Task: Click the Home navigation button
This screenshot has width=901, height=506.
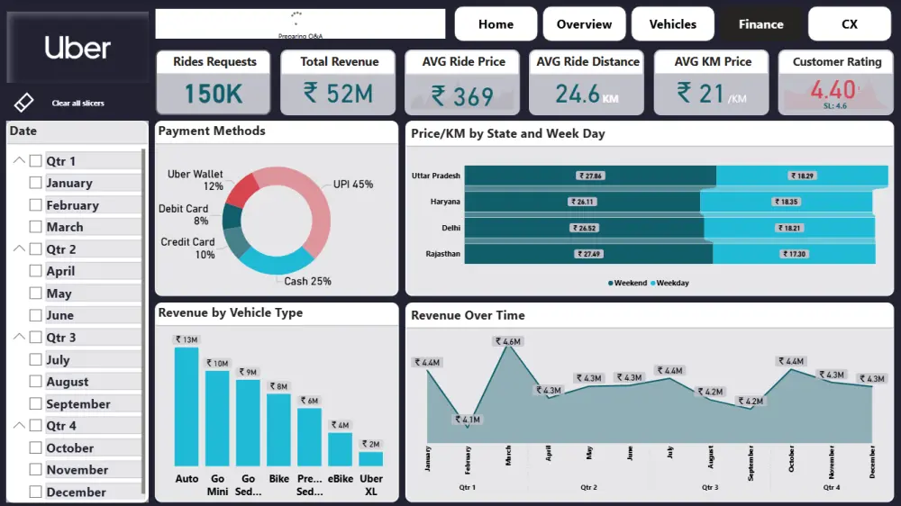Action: tap(496, 24)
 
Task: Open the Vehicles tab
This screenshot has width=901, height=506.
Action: tap(672, 24)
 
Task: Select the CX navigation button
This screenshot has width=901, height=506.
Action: tap(849, 24)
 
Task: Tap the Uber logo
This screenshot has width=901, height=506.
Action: tap(77, 49)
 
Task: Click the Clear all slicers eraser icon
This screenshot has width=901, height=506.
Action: tap(24, 103)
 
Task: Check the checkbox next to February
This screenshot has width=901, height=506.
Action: tap(36, 205)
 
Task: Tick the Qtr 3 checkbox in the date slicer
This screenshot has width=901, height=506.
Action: tap(36, 338)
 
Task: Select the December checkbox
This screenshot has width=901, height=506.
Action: tap(36, 492)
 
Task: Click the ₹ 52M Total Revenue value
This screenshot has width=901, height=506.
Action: tap(339, 93)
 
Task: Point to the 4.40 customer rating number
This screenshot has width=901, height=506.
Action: tap(833, 90)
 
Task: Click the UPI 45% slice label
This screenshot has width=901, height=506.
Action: tap(353, 185)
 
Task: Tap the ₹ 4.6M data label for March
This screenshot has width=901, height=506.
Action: tap(508, 341)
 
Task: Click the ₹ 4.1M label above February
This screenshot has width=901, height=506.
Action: tap(468, 420)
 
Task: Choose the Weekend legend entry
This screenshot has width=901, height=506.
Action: tap(628, 283)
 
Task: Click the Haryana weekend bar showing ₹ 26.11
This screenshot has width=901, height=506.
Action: tap(582, 202)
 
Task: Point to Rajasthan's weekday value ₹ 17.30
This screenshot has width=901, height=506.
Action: tap(797, 254)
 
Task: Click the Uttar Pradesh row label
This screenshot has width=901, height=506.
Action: tap(436, 176)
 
